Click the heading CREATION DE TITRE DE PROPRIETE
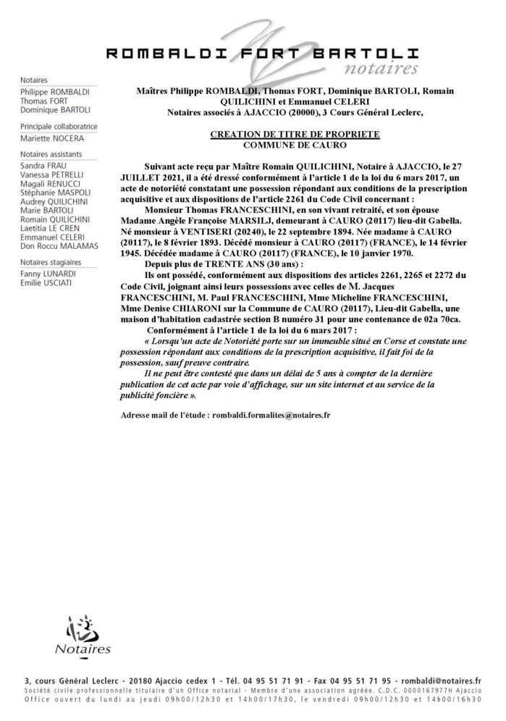pyautogui.click(x=295, y=135)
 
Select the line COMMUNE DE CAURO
pyautogui.click(x=295, y=145)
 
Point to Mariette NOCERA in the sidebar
pyautogui.click(x=52, y=138)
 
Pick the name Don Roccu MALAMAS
pyautogui.click(x=59, y=246)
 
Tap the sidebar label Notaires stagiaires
pyautogui.click(x=51, y=262)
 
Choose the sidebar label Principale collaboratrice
pyautogui.click(x=59, y=126)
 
